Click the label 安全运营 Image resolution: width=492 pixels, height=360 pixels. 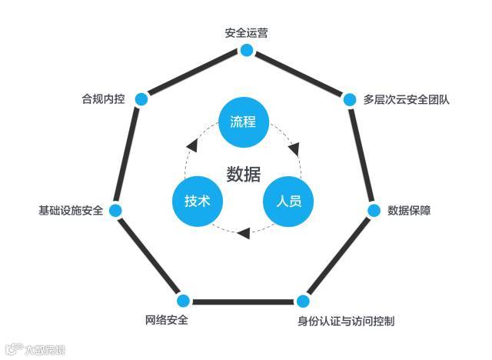[246, 34]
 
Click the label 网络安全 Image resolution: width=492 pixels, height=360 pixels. [166, 320]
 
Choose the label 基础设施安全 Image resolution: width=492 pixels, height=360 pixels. [71, 211]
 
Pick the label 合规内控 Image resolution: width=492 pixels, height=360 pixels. [103, 99]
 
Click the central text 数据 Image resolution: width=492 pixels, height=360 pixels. [243, 174]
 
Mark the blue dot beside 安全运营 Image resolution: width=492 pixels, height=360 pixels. [246, 51]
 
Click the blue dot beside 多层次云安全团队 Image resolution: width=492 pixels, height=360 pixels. [350, 99]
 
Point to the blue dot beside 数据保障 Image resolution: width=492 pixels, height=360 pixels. [374, 211]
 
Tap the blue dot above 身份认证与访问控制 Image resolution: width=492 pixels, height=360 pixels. [303, 301]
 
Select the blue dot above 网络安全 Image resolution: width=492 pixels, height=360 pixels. [183, 301]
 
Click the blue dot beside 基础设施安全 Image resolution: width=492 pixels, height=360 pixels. [115, 211]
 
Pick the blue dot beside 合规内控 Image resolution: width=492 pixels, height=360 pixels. [141, 98]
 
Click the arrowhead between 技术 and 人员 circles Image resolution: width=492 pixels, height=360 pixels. [243, 232]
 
